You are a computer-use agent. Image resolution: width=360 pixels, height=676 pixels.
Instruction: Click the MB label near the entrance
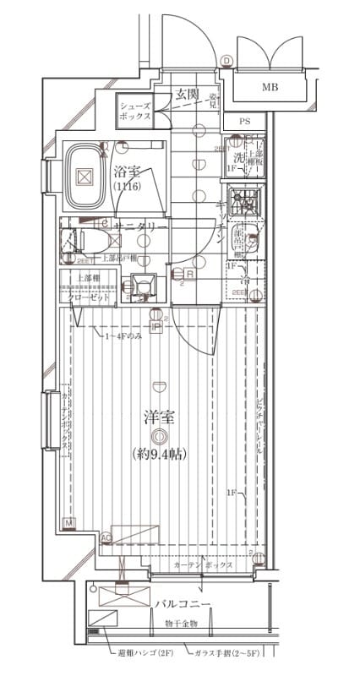270,87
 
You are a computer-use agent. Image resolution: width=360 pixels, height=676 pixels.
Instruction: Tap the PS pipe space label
245,122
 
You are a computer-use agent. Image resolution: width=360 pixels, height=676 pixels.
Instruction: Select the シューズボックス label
135,111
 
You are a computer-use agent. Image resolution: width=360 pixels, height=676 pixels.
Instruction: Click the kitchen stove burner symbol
246,204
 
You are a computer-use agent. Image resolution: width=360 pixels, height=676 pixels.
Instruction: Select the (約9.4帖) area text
160,455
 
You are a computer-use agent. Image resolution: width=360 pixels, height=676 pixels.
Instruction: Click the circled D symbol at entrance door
226,61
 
